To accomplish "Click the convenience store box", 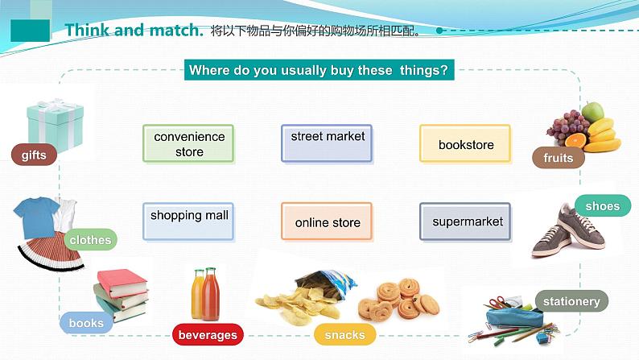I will point(188,144).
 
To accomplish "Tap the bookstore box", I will point(465,144).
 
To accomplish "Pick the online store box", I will point(327,221).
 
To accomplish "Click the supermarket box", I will point(466,221).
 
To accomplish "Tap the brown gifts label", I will point(34,155).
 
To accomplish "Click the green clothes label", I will point(90,239).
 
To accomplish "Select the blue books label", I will point(86,323).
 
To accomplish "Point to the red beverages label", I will point(208,334).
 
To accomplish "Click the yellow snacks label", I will point(344,334).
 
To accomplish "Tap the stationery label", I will point(571,301).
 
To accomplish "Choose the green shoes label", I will point(602,206).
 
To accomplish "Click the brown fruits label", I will point(558,158).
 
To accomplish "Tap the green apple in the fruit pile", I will point(592,111).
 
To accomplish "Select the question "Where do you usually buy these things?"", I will point(319,70).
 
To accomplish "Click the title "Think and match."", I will point(134,31).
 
